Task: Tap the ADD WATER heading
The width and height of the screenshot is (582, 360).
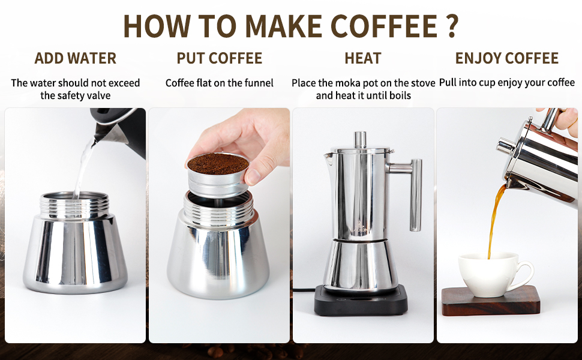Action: pyautogui.click(x=75, y=58)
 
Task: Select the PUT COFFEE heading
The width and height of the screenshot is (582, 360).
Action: pyautogui.click(x=219, y=58)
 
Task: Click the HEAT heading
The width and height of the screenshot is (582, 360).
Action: pyautogui.click(x=362, y=58)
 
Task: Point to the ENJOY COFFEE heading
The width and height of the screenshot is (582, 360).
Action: pyautogui.click(x=506, y=58)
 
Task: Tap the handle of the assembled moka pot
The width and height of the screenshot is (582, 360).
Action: pyautogui.click(x=414, y=192)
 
